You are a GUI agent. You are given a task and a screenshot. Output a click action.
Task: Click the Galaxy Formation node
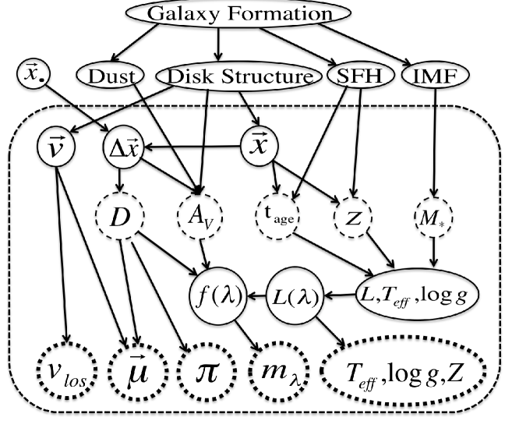coord(238,13)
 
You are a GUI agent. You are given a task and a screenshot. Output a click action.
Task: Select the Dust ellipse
coord(111,76)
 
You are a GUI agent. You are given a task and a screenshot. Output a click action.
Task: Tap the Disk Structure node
coord(238,76)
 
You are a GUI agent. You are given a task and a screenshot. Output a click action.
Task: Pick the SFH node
coord(360,76)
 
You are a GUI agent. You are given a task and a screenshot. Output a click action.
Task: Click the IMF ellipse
coord(436,76)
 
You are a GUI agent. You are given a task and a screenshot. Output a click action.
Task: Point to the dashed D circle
coord(120,217)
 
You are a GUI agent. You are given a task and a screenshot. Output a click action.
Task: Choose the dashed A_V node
coord(200,217)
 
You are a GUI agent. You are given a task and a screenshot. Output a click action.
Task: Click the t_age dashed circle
coord(277,217)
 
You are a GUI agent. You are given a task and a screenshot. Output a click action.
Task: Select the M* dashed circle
coord(433,218)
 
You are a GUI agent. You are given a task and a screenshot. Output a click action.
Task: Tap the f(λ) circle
coord(219,295)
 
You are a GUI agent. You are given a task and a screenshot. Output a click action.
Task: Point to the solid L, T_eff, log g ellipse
coord(418,294)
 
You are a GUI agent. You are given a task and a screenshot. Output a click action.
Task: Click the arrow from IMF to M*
coord(435,143)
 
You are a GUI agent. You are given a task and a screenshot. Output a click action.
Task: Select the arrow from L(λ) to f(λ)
coord(257,295)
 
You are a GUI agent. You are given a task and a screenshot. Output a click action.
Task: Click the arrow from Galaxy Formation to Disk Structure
coord(219,44)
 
